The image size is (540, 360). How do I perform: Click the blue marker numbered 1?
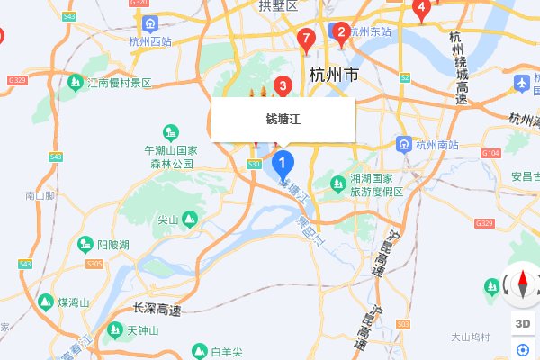coord(283,164)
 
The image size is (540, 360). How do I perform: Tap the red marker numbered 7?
coord(306,39)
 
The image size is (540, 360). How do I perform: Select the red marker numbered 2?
coord(341,34)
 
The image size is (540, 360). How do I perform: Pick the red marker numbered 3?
coord(283,86)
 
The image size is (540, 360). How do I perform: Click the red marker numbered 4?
coord(419,8)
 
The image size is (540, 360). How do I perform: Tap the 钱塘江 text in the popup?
coord(283,119)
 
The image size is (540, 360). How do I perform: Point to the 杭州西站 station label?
coord(149,41)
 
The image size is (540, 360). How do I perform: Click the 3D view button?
coord(522,323)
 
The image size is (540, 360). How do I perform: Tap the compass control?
coord(522,285)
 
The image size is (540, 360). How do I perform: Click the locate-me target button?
coord(522,350)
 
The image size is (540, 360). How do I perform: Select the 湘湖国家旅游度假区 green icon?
coord(338,184)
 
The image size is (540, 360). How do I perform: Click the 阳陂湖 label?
coord(113,245)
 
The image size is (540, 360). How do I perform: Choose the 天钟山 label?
coord(142,330)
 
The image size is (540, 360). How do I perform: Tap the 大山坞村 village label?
coord(471,337)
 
